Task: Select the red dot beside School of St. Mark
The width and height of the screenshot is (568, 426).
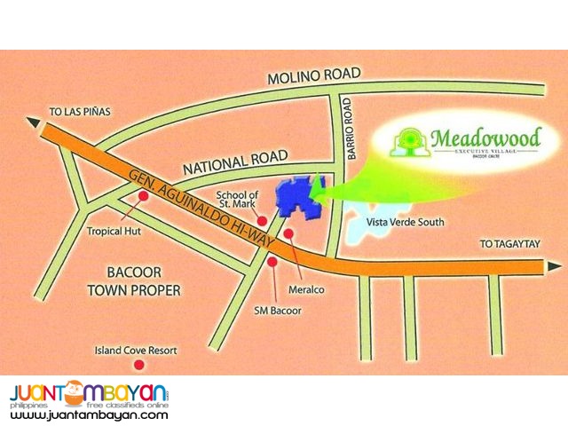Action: pyautogui.click(x=263, y=221)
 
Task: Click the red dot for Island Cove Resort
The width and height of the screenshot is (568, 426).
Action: pyautogui.click(x=138, y=365)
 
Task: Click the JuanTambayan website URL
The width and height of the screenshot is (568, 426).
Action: pyautogui.click(x=89, y=414)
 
